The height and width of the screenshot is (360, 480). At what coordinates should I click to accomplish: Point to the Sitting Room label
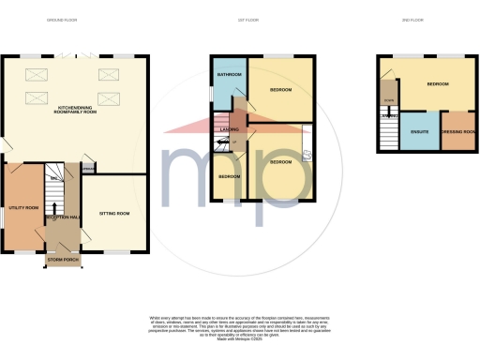(x=115, y=214)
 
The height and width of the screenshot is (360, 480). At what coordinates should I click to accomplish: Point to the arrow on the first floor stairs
(x=223, y=143)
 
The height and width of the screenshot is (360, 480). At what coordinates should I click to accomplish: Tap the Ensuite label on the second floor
(x=419, y=132)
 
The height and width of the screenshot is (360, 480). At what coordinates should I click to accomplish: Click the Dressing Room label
(x=459, y=132)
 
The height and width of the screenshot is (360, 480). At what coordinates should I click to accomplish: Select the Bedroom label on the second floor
(x=438, y=84)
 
